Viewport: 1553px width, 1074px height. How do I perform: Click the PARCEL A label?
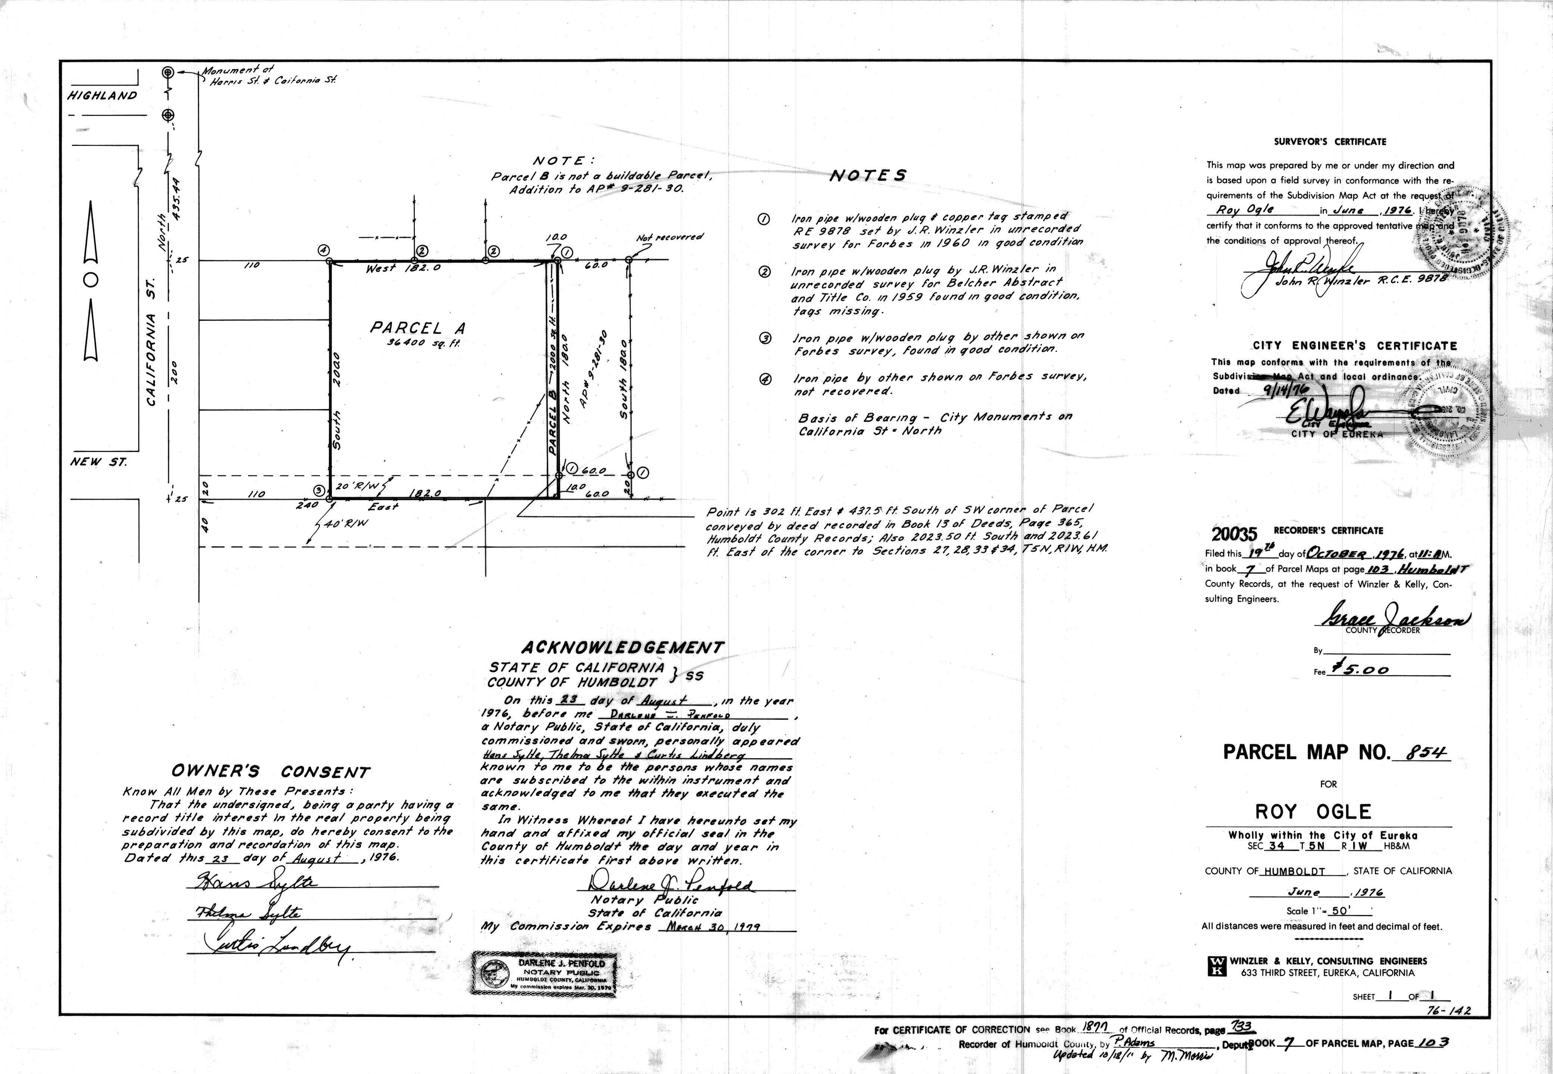(417, 329)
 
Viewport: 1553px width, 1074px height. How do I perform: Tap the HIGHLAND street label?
(102, 95)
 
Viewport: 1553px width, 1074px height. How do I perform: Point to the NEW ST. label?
(98, 462)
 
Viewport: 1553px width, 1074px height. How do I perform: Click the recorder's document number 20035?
(1234, 534)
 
